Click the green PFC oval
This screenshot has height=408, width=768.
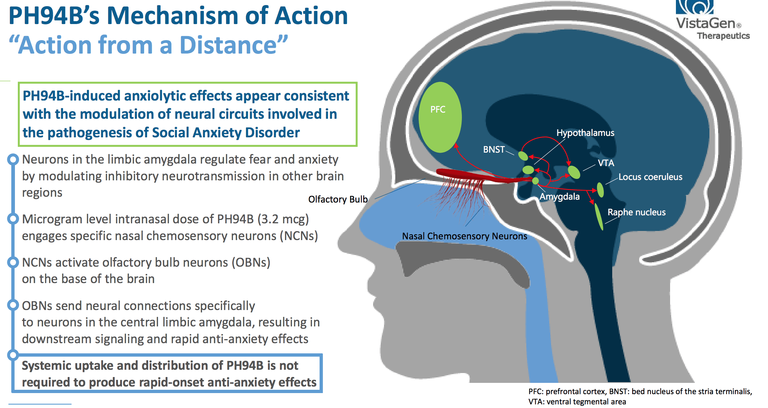coord(440,117)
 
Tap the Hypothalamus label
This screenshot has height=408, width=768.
coord(585,133)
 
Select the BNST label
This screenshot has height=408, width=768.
coord(494,150)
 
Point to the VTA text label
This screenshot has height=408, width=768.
coord(606,163)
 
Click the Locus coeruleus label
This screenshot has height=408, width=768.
coord(650,177)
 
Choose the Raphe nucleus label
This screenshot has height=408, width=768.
coord(636,212)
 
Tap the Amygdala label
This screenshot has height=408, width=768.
coord(559,197)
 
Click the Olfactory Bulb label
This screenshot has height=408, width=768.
coord(338,200)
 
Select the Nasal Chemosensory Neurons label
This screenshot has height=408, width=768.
coord(464,236)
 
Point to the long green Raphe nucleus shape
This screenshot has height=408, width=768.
coord(598,216)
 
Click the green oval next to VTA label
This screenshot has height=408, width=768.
coord(574,172)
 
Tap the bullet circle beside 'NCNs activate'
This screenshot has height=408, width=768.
coord(13,262)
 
